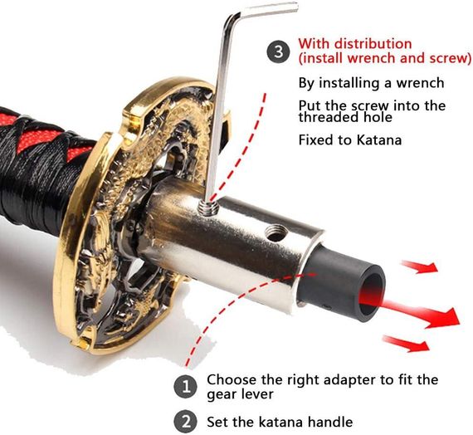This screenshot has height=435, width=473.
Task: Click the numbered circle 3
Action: click(x=278, y=51)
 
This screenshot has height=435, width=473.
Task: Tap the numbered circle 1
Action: click(x=186, y=387)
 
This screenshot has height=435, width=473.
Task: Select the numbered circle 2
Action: click(x=186, y=422)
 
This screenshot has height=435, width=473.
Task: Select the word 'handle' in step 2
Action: click(x=330, y=422)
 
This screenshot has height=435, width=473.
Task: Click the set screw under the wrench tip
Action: click(x=208, y=208)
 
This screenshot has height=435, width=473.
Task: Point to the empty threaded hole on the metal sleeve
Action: click(x=276, y=234)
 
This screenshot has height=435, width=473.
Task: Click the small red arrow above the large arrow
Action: click(x=420, y=266)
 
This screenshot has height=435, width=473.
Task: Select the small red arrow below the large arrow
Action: click(x=407, y=344)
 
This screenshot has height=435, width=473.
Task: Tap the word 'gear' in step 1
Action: click(x=222, y=395)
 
